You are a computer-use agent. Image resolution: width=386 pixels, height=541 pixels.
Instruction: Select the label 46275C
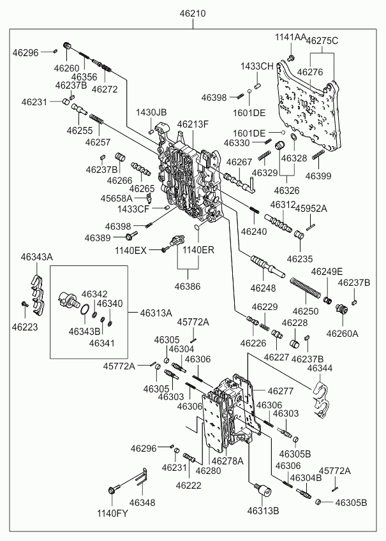click(x=322, y=41)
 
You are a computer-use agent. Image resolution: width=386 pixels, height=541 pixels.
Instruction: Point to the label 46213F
click(x=193, y=124)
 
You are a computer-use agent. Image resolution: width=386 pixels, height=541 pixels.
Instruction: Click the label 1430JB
click(x=151, y=113)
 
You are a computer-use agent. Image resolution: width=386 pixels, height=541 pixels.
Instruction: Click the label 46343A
click(x=36, y=256)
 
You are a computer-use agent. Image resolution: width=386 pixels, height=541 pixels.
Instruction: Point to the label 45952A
click(x=311, y=208)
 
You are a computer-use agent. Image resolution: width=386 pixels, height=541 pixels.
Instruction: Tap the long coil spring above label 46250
click(x=306, y=291)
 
